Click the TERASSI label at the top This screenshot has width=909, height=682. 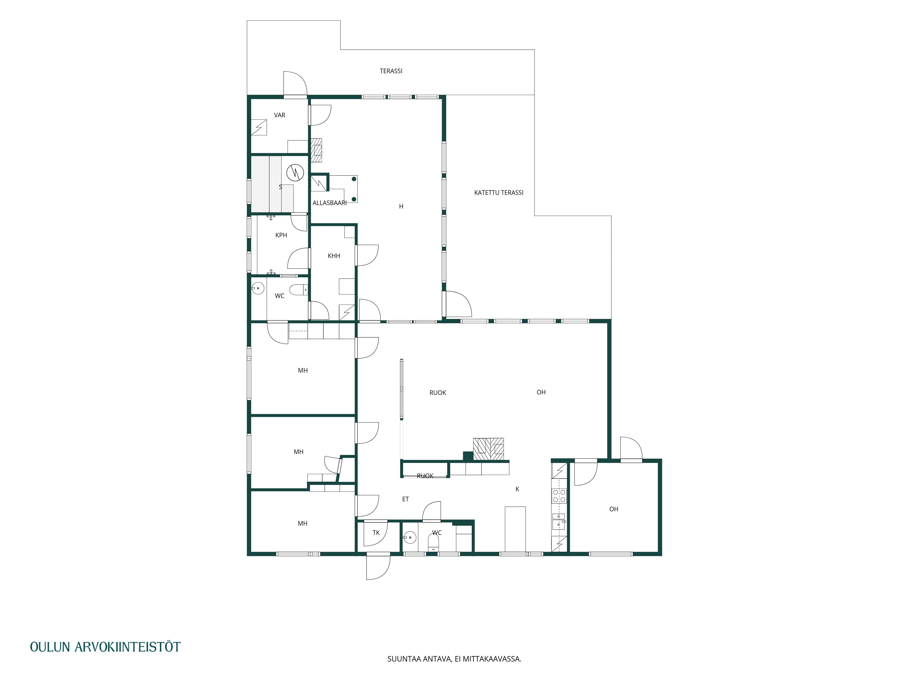(391, 71)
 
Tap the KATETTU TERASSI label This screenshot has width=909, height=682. (498, 193)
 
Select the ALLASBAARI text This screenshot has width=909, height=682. (330, 203)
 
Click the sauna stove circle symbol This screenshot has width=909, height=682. (295, 173)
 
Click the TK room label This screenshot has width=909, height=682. (376, 533)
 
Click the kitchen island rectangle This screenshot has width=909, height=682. (515, 529)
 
